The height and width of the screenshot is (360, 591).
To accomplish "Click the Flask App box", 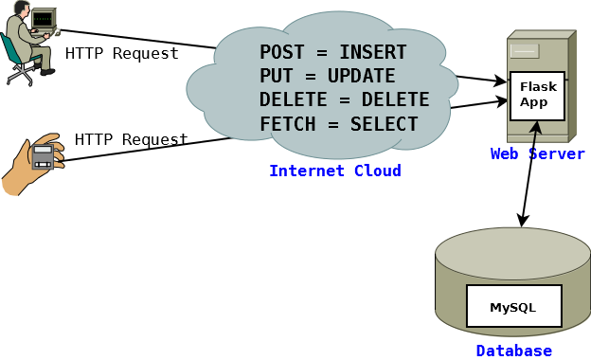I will coord(537,95).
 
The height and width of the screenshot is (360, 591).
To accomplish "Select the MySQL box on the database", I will coord(513,307).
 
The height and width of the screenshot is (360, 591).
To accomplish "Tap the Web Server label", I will coord(537,154).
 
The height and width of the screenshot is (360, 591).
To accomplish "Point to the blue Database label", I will coord(513,351).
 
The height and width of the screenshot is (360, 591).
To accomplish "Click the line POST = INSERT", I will coord(332,52).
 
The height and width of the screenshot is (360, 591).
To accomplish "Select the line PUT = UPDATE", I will coord(327,76).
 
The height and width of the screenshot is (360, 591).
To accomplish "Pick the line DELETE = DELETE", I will coord(344,99).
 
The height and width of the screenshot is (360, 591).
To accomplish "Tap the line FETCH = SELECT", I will coord(338,124).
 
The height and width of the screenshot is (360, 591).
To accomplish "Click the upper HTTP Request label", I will coord(121,54).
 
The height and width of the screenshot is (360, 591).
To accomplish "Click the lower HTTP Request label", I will coord(131,140).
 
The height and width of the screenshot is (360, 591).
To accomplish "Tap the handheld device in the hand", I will coord(43,156).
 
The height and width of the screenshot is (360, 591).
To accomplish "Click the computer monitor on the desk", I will coord(42,19).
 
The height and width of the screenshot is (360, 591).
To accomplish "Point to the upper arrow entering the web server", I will coord(481,80).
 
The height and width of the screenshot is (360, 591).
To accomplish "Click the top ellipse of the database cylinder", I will coord(512,253).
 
